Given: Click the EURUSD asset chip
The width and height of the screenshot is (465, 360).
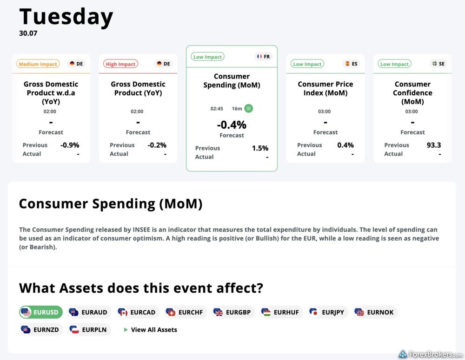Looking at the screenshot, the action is (x=41, y=312).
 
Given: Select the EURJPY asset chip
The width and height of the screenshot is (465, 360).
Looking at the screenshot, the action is (x=327, y=312).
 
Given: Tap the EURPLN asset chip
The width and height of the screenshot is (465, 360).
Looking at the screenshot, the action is (x=89, y=329).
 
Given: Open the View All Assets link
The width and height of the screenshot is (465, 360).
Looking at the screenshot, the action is (x=150, y=329).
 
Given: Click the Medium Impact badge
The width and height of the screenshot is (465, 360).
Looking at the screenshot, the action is (x=38, y=64).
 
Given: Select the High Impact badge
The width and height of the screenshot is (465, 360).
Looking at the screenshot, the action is (x=120, y=64).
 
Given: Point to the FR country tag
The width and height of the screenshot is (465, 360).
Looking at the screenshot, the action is (x=263, y=56).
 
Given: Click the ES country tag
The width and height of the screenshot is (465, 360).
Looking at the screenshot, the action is (x=351, y=64).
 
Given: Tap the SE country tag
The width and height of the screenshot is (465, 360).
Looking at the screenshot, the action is (x=438, y=64).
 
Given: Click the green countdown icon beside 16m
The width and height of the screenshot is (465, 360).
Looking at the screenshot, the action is (x=248, y=108).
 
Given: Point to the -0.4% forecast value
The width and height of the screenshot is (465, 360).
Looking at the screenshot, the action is (x=232, y=125).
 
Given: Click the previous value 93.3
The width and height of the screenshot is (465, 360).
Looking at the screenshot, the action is (x=433, y=145).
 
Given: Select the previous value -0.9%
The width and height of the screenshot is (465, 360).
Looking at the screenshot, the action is (x=70, y=145).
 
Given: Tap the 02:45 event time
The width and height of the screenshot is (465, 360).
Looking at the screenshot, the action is (x=217, y=109).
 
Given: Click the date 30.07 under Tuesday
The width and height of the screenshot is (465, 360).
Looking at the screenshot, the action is (x=28, y=33).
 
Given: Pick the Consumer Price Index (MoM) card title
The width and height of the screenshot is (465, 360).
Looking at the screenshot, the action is (x=325, y=88).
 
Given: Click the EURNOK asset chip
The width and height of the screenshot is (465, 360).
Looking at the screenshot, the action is (x=375, y=312).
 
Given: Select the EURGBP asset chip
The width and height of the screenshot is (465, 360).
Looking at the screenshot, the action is (x=233, y=312).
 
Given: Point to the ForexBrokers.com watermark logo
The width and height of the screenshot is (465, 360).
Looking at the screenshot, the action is (x=431, y=354).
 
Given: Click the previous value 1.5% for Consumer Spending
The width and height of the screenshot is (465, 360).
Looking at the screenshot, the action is (x=260, y=148).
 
